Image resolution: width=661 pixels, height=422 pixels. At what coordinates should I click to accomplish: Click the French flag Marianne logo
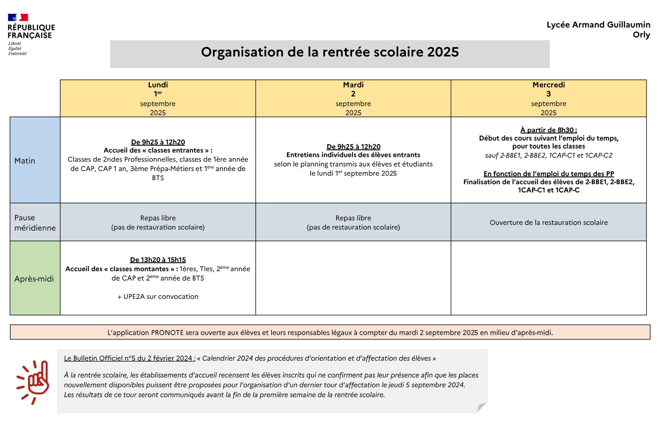(x=18, y=17)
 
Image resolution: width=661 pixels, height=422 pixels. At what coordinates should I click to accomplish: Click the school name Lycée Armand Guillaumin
(x=598, y=25)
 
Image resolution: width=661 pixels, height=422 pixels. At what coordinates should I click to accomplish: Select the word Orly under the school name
(x=641, y=35)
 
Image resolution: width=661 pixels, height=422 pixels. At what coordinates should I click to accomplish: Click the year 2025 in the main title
(x=443, y=52)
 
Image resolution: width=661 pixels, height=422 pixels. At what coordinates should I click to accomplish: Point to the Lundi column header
(x=158, y=85)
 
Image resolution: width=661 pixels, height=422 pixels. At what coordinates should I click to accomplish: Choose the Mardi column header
(x=353, y=85)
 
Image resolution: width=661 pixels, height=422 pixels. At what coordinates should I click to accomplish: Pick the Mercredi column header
(x=549, y=85)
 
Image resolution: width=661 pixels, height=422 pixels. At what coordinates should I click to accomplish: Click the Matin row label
(x=25, y=161)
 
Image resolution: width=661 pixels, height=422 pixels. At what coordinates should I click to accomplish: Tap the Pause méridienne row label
(x=35, y=223)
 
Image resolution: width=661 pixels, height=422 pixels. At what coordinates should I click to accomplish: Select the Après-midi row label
(x=34, y=279)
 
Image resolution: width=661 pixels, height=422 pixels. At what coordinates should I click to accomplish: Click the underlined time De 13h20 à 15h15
(x=158, y=260)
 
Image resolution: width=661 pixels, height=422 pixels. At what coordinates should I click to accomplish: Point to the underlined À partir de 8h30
(x=548, y=130)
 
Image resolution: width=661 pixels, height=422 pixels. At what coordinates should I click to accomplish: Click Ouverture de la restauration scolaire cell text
(x=549, y=223)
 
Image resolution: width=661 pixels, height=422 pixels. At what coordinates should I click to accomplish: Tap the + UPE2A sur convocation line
(x=158, y=297)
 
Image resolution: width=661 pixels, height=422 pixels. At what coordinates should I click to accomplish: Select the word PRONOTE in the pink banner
(x=167, y=333)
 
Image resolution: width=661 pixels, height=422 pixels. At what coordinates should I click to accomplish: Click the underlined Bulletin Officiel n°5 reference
(x=130, y=358)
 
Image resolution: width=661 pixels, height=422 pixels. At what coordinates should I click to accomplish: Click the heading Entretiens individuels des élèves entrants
(x=353, y=155)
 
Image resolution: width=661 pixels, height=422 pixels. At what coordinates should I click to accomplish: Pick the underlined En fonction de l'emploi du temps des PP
(x=549, y=174)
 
